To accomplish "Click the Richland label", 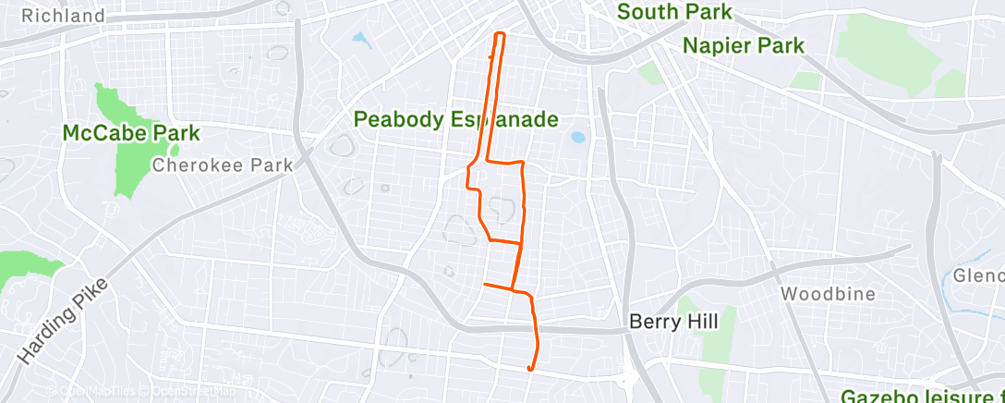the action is pos(63,16).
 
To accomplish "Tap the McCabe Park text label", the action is pos(130,134).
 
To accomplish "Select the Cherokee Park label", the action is pos(222,165).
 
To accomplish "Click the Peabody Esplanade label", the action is pos(457,119).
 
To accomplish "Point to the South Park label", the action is pos(674,12).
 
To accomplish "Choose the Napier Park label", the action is pos(744,45).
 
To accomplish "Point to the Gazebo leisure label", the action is pos(922,395).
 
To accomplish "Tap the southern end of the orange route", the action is pos(529,369).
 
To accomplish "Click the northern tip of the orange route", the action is pos(501,34).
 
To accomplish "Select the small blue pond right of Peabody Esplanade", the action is pos(578,138).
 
